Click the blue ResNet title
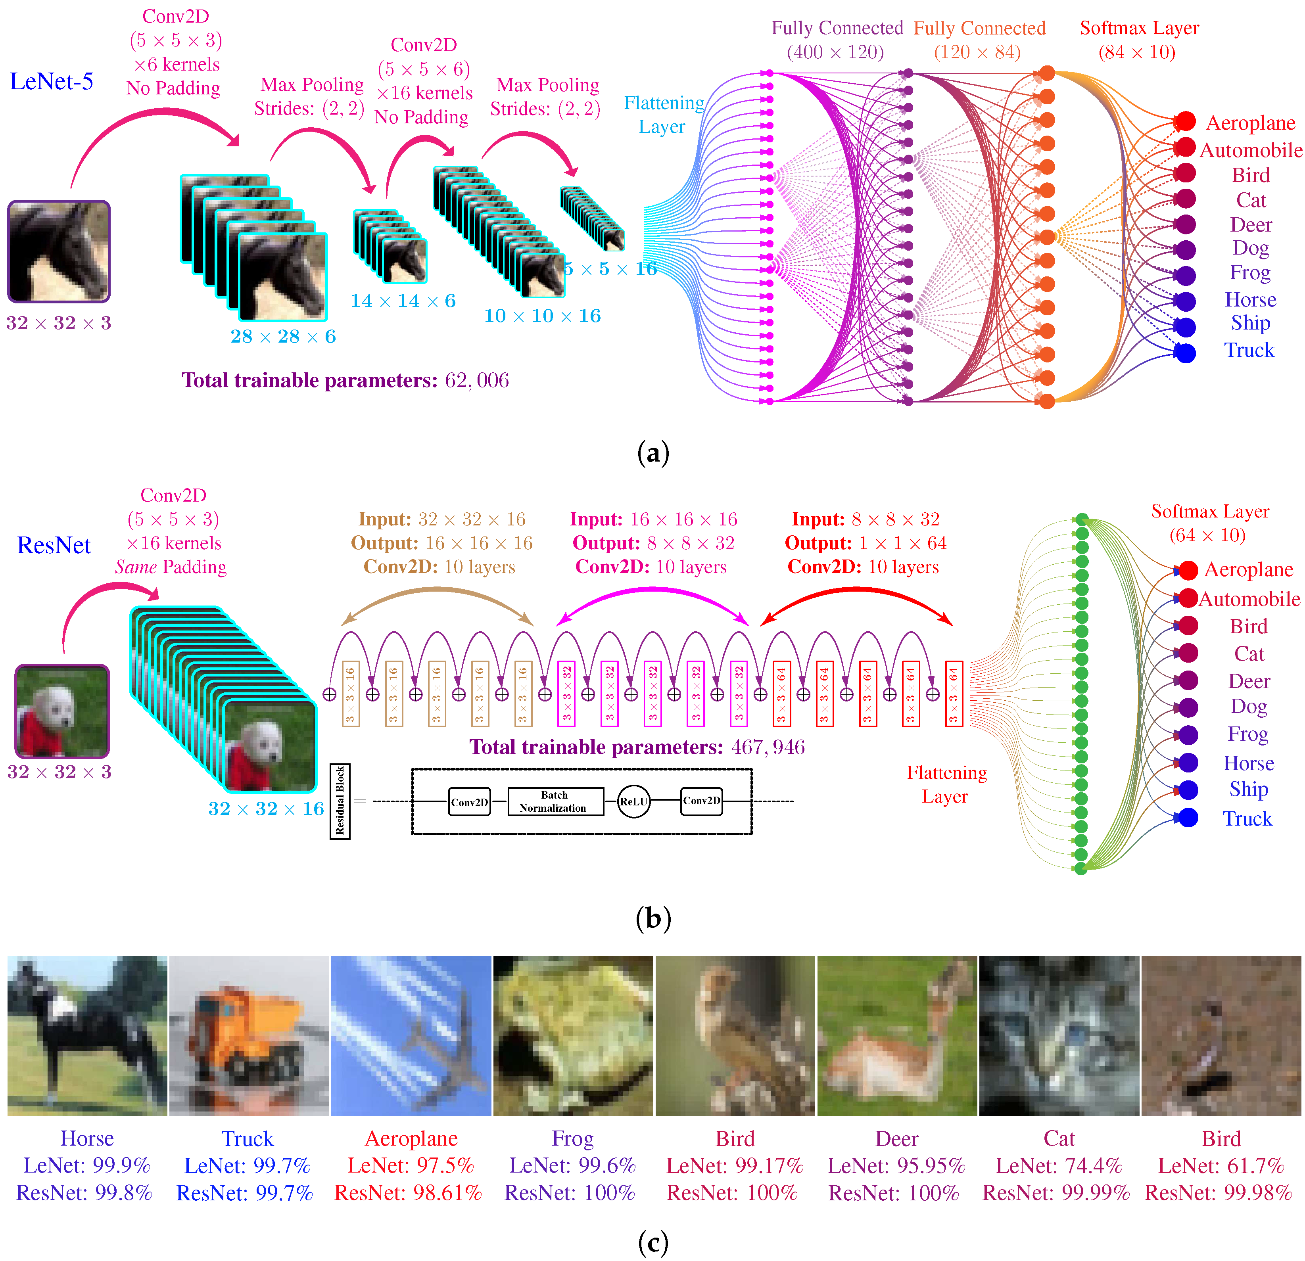point(54,544)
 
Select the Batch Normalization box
point(554,801)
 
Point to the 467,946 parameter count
point(768,747)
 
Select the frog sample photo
point(573,1037)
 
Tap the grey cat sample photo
point(1059,1037)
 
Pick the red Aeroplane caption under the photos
point(411,1138)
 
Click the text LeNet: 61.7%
point(1221,1166)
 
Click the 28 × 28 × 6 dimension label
point(283,336)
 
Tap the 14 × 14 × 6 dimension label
point(403,301)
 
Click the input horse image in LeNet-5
point(59,252)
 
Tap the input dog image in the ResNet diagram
point(62,711)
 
